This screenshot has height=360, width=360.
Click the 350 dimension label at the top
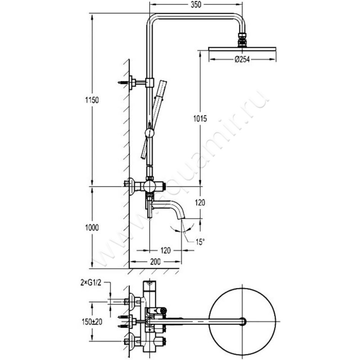(x=195, y=5)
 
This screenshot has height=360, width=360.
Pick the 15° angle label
(x=199, y=242)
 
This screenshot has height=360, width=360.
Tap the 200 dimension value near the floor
(x=155, y=261)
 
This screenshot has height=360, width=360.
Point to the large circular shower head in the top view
(x=243, y=320)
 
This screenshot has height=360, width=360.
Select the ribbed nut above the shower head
(x=243, y=38)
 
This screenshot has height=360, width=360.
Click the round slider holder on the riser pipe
(x=148, y=133)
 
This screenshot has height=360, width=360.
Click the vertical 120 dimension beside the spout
(x=200, y=203)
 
